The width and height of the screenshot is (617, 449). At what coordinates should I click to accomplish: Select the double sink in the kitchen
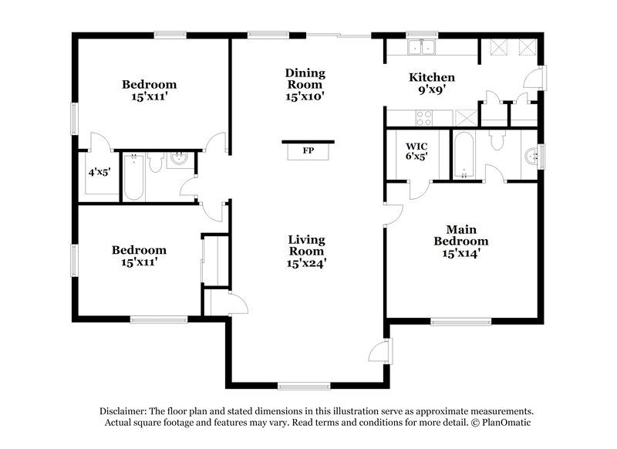point(421,47)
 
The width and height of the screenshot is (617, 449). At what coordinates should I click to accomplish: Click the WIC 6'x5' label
point(416,150)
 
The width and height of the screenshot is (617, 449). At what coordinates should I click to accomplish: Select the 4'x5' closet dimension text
point(99,172)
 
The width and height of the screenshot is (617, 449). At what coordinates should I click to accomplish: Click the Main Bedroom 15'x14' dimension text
point(465,252)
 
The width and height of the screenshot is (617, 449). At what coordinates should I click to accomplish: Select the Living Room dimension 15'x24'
point(306,263)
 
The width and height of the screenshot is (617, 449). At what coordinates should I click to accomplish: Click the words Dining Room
point(306,79)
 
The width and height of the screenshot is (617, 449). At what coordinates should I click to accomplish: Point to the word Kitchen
point(431,78)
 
